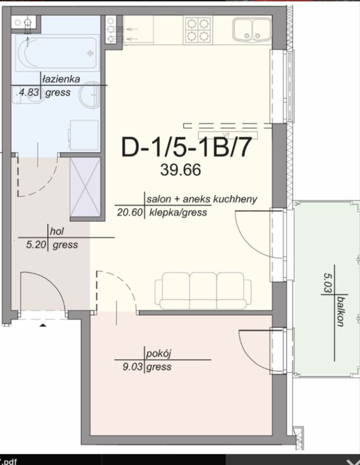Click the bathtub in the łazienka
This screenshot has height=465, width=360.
click(57, 53)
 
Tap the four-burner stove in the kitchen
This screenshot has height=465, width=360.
click(198, 30)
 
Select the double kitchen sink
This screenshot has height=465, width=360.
click(252, 30)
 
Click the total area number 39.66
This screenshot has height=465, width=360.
click(181, 170)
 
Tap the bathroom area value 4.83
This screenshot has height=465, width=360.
click(29, 92)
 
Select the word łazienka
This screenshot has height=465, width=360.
click(61, 79)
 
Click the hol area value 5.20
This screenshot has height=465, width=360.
click(36, 245)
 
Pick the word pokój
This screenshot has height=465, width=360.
click(158, 354)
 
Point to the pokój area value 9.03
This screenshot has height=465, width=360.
click(133, 367)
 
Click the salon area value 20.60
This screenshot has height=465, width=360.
click(130, 212)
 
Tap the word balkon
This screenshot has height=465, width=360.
click(341, 311)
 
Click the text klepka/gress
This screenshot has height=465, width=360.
click(178, 212)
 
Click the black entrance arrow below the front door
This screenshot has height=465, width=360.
click(43, 325)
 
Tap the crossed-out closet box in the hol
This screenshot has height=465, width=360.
click(85, 187)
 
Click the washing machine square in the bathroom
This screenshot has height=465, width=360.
click(84, 135)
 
